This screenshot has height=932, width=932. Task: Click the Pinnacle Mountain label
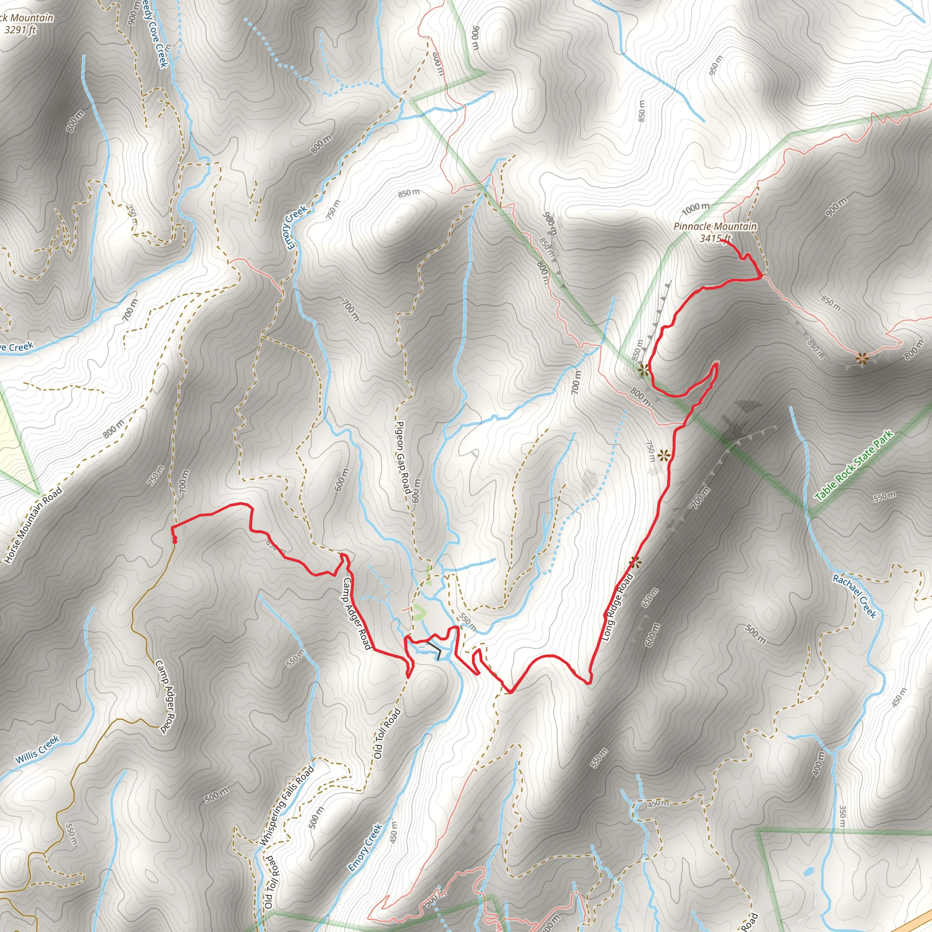coord(715,226)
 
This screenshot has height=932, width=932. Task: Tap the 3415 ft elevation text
coord(715,238)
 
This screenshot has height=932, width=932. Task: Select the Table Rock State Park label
coord(854,466)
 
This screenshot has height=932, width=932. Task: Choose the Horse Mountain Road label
coord(33,525)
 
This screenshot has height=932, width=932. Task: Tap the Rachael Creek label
coord(854,596)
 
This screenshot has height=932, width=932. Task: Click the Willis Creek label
coord(37,749)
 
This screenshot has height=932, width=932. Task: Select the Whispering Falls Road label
coord(287,805)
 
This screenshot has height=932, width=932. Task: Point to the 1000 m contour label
coord(696,208)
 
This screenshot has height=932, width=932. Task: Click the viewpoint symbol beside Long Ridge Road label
coord(635,562)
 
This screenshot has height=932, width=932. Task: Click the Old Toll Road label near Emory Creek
coord(388,733)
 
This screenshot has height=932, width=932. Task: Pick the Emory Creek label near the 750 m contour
coord(296,228)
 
